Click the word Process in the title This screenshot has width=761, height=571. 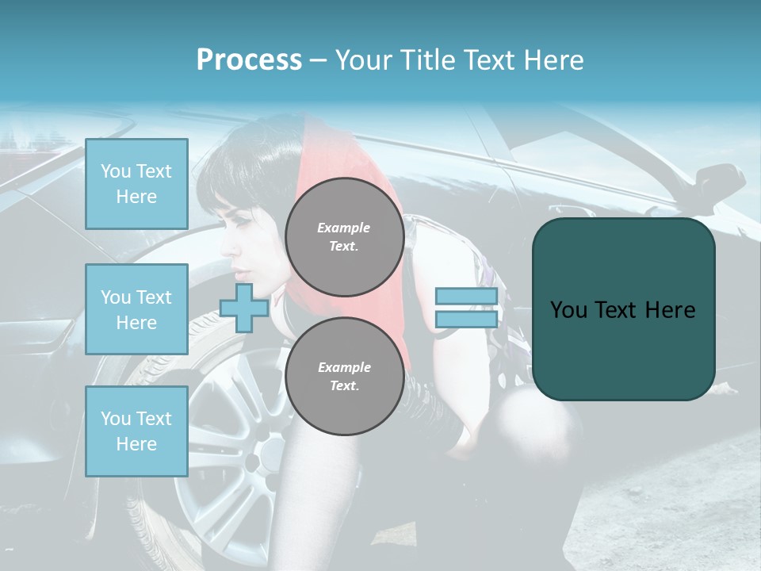click(249, 60)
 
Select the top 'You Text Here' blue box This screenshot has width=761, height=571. click(136, 184)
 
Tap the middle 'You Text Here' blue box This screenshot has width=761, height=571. click(136, 309)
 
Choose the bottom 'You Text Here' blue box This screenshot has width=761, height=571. click(136, 431)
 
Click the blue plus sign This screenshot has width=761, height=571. click(243, 308)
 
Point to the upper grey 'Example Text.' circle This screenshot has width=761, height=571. click(344, 237)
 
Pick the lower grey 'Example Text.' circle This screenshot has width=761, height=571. click(344, 377)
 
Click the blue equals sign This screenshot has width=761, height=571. click(466, 308)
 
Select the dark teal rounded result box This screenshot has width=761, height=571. click(623, 309)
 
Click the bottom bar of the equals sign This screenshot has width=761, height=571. click(466, 320)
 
